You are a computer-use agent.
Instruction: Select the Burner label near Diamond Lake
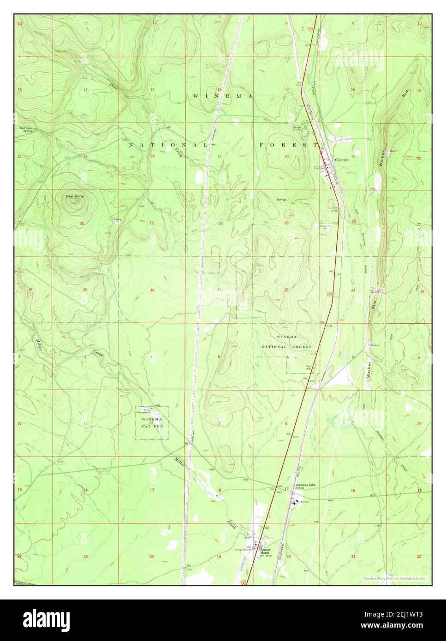pos(304,502)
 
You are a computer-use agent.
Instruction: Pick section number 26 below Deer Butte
pos(81,224)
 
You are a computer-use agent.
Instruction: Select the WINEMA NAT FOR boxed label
pos(152,422)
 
